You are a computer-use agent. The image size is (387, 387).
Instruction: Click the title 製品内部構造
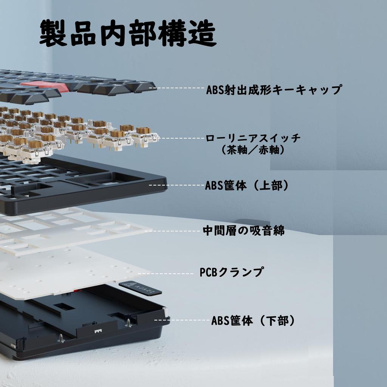point(128,34)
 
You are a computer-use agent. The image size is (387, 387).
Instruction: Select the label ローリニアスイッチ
point(253,138)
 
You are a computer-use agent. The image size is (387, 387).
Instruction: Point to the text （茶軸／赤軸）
point(253,150)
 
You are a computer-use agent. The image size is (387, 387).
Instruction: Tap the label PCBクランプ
point(231,272)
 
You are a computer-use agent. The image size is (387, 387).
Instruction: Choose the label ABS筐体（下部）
point(253,321)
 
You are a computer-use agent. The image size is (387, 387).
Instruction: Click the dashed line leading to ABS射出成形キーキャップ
point(178,88)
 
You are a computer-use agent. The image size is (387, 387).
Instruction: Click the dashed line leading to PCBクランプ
point(166,273)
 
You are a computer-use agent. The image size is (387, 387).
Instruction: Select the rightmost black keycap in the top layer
point(142,86)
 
